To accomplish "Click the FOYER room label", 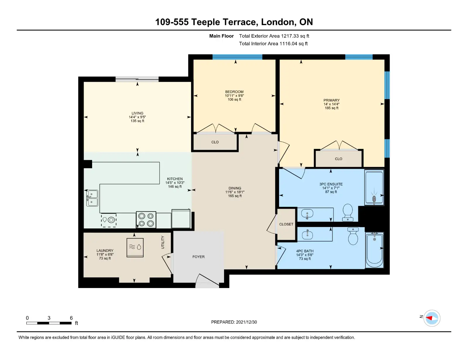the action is (198, 257).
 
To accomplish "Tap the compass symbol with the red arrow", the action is (432, 318).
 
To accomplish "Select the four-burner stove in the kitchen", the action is (146, 220).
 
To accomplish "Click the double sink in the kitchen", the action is (92, 198).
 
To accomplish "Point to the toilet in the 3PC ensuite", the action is (347, 212).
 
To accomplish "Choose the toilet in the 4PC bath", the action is (353, 236).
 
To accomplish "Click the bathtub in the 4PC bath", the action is (374, 250).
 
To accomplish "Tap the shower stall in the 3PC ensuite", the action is (374, 187).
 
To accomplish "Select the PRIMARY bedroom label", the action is (331, 100).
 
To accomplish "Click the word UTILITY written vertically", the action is (163, 242).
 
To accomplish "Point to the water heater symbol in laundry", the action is (135, 247).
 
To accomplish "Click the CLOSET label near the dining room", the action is (286, 224).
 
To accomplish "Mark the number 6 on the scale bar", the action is (71, 318).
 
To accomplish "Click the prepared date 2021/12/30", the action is (246, 322).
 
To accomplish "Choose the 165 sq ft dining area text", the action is (235, 196).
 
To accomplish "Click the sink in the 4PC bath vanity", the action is (307, 235).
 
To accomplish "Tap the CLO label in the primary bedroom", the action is (338, 159).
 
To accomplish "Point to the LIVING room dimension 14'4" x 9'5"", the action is (137, 117).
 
